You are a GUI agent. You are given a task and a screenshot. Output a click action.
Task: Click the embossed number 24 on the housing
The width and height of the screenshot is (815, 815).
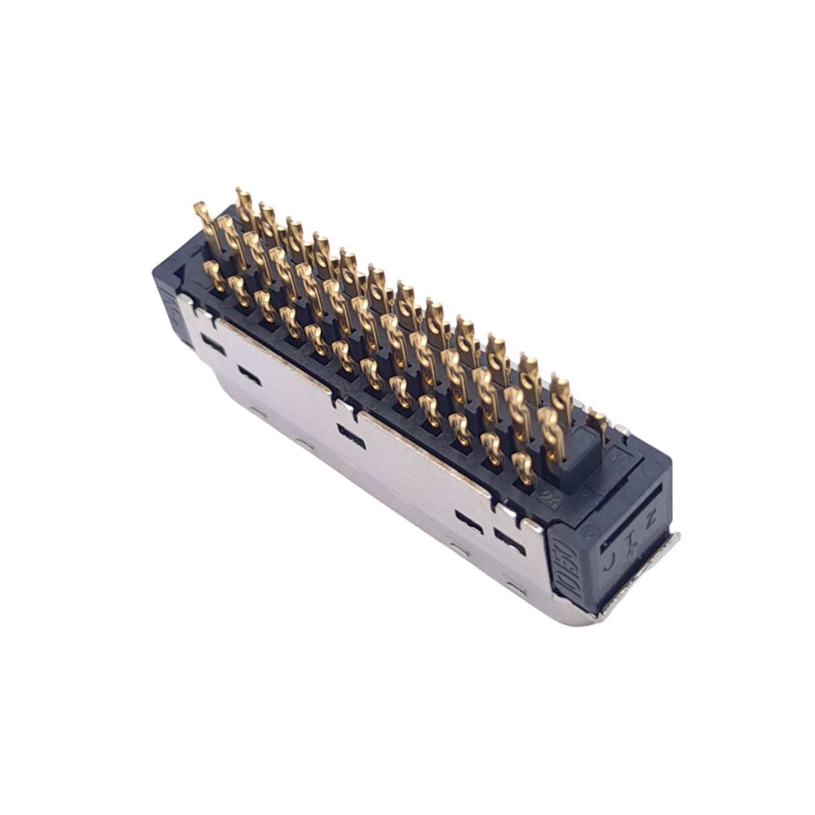pyautogui.click(x=547, y=499)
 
